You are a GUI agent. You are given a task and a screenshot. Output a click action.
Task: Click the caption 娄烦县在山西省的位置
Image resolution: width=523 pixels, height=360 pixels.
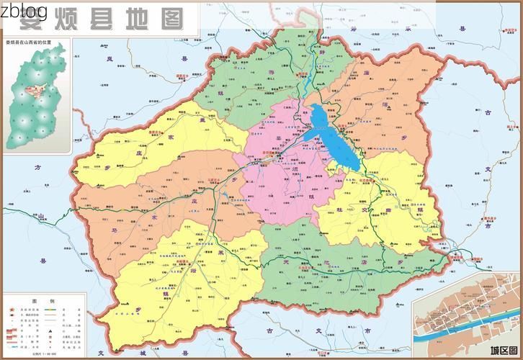(x=34, y=44)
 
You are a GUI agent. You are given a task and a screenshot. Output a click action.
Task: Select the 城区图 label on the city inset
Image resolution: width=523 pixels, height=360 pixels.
(x=504, y=351)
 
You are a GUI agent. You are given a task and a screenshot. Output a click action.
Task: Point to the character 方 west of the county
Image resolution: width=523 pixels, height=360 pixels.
(x=38, y=166)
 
